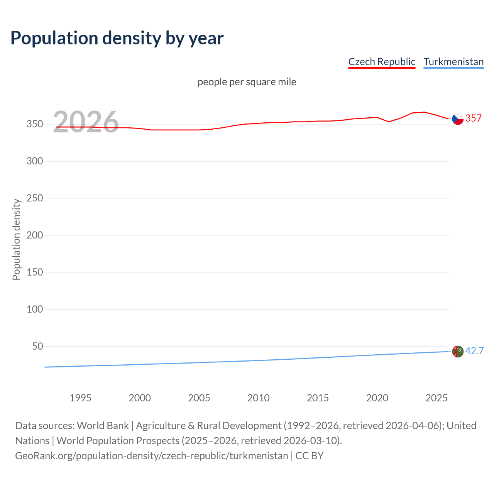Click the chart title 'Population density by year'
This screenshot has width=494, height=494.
(117, 38)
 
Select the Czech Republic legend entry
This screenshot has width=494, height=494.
(381, 62)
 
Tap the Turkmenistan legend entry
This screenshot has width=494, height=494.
(453, 62)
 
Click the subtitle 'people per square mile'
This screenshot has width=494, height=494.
(247, 82)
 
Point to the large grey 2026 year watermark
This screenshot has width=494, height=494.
(86, 122)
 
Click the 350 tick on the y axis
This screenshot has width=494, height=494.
(35, 124)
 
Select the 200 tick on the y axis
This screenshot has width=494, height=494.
(35, 235)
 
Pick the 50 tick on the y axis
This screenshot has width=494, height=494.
(37, 346)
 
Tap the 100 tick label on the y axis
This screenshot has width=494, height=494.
(35, 309)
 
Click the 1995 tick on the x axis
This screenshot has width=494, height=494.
(80, 398)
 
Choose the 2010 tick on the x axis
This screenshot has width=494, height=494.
(258, 398)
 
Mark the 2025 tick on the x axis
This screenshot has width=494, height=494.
(436, 398)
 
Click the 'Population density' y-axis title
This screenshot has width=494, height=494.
(16, 239)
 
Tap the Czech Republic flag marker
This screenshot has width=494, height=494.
(458, 119)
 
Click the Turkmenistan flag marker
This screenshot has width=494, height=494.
(458, 352)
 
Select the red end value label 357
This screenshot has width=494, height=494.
(474, 118)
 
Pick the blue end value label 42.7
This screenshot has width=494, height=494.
(474, 351)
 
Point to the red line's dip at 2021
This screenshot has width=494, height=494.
(389, 122)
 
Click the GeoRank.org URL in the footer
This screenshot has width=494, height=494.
(151, 456)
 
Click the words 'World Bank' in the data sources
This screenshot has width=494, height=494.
(103, 426)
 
